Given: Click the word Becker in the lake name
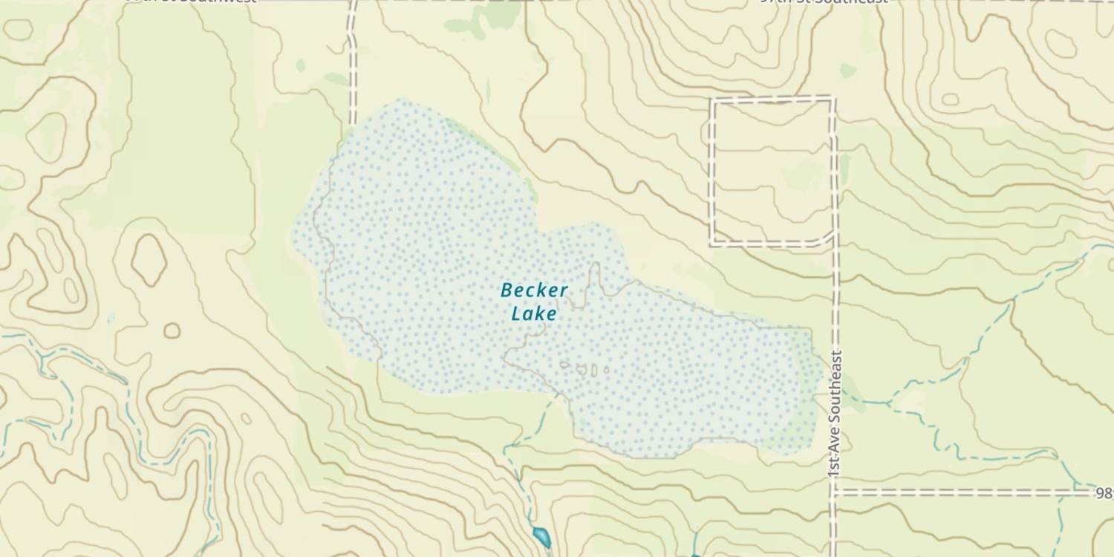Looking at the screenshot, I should [x=534, y=290].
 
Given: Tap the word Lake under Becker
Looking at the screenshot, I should [x=534, y=313].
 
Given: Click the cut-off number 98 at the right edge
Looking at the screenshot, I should [x=1104, y=492].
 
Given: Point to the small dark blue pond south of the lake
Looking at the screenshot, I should [x=541, y=535].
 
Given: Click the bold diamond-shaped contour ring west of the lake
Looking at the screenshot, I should [x=149, y=260].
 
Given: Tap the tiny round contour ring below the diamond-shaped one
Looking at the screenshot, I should [x=172, y=330].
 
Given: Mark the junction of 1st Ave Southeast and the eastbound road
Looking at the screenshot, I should [x=834, y=492].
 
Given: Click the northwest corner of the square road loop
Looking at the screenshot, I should [x=714, y=100].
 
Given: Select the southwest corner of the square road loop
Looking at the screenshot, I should [x=713, y=243].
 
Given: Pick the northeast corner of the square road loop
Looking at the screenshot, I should [x=833, y=100].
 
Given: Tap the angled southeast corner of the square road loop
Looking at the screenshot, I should [x=826, y=238].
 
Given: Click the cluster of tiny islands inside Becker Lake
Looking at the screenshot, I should [x=585, y=369].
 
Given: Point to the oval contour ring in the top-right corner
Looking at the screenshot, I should [x=1061, y=44].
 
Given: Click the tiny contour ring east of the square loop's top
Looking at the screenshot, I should [x=950, y=99].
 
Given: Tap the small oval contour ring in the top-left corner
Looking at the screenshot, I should [x=18, y=29].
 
